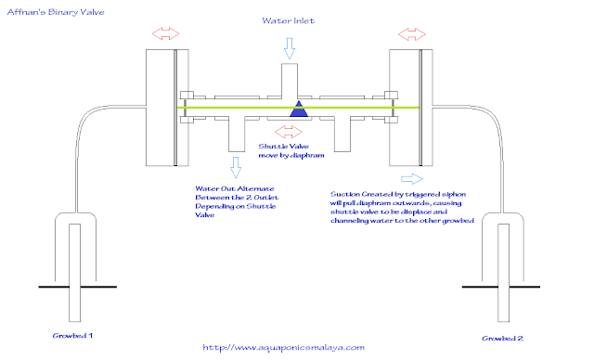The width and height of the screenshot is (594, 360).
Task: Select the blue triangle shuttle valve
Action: tap(298, 109)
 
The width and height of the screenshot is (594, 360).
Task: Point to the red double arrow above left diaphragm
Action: tap(167, 33)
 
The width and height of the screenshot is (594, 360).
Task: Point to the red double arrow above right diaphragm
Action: tap(412, 33)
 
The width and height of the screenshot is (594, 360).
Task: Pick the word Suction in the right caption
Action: tap(346, 195)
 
